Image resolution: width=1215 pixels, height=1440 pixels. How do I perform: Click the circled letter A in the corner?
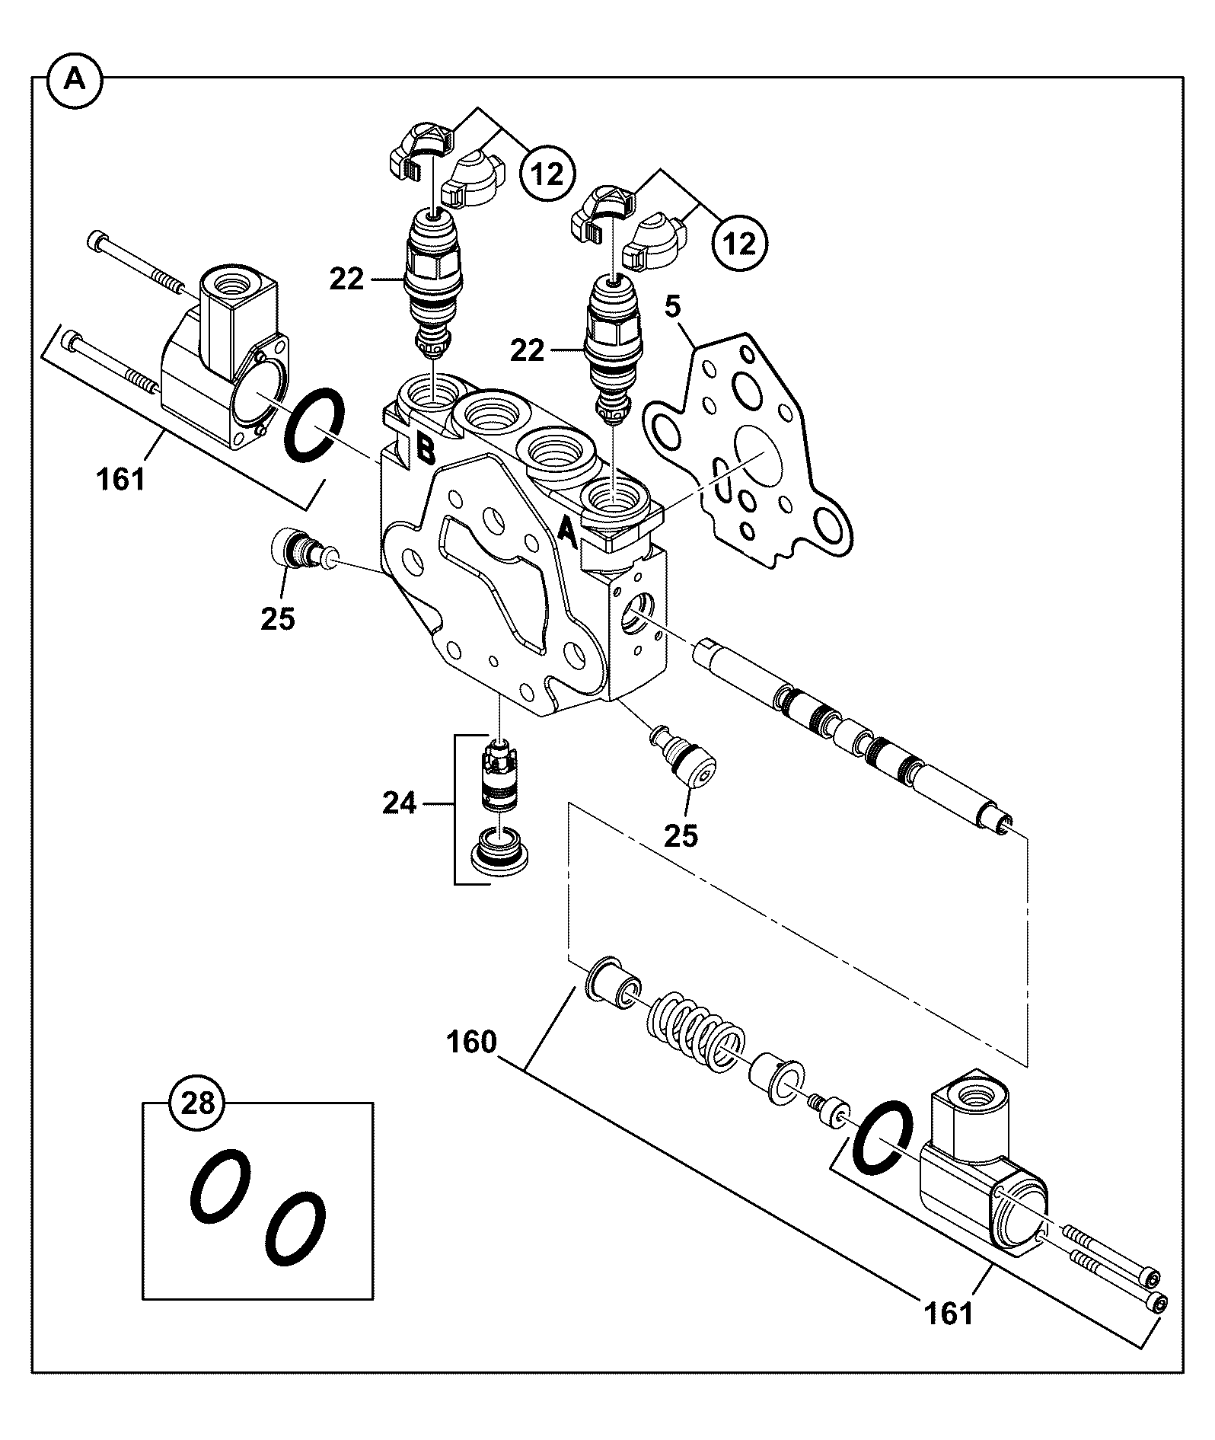74,79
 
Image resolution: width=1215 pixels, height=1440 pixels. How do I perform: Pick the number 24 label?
399,803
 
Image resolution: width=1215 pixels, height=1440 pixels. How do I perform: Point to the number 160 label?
471,1042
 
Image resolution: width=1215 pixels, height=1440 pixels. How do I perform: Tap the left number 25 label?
277,618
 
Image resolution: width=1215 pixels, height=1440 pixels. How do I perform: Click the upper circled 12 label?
547,174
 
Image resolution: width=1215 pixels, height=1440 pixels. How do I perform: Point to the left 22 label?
346,280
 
